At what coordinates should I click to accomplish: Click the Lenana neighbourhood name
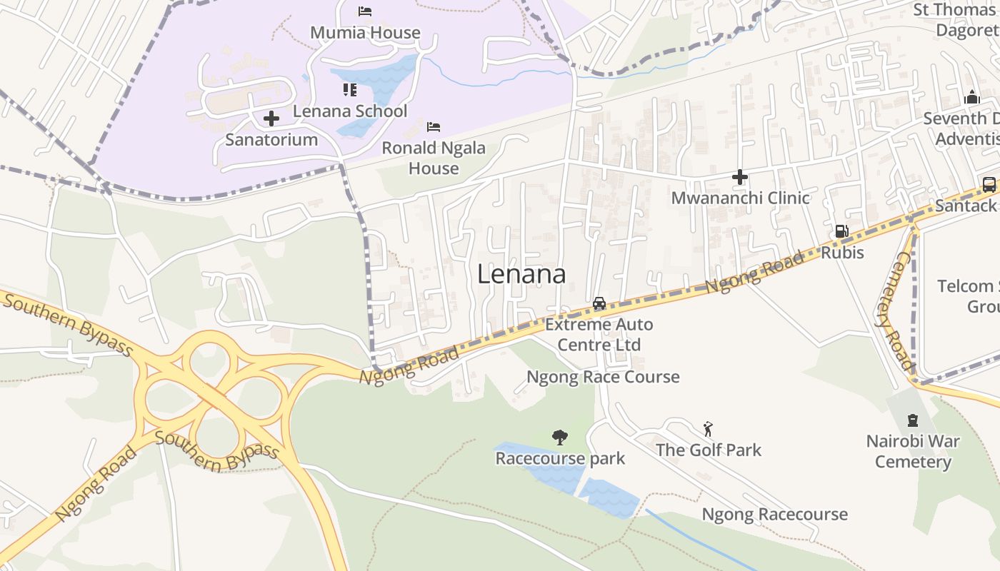[521, 274]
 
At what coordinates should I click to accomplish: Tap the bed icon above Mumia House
[365, 11]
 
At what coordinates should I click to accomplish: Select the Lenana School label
[350, 111]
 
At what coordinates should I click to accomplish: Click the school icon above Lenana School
[349, 89]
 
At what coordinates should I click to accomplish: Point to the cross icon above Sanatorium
[271, 118]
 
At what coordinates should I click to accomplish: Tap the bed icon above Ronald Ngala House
[434, 127]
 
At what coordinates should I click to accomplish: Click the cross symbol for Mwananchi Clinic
[740, 176]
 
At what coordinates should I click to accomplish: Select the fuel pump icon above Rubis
[842, 231]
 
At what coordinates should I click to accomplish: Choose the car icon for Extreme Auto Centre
[599, 303]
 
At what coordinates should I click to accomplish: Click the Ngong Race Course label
[603, 377]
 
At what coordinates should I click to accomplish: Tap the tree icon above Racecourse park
[560, 436]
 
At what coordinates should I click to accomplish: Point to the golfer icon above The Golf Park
[708, 428]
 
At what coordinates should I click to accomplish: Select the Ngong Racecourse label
[774, 515]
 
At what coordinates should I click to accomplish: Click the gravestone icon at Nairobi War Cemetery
[912, 420]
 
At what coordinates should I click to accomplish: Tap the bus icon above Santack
[989, 185]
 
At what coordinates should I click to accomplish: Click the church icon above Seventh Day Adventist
[971, 97]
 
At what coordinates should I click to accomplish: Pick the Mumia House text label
[365, 33]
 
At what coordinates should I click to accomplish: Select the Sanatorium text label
[271, 140]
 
